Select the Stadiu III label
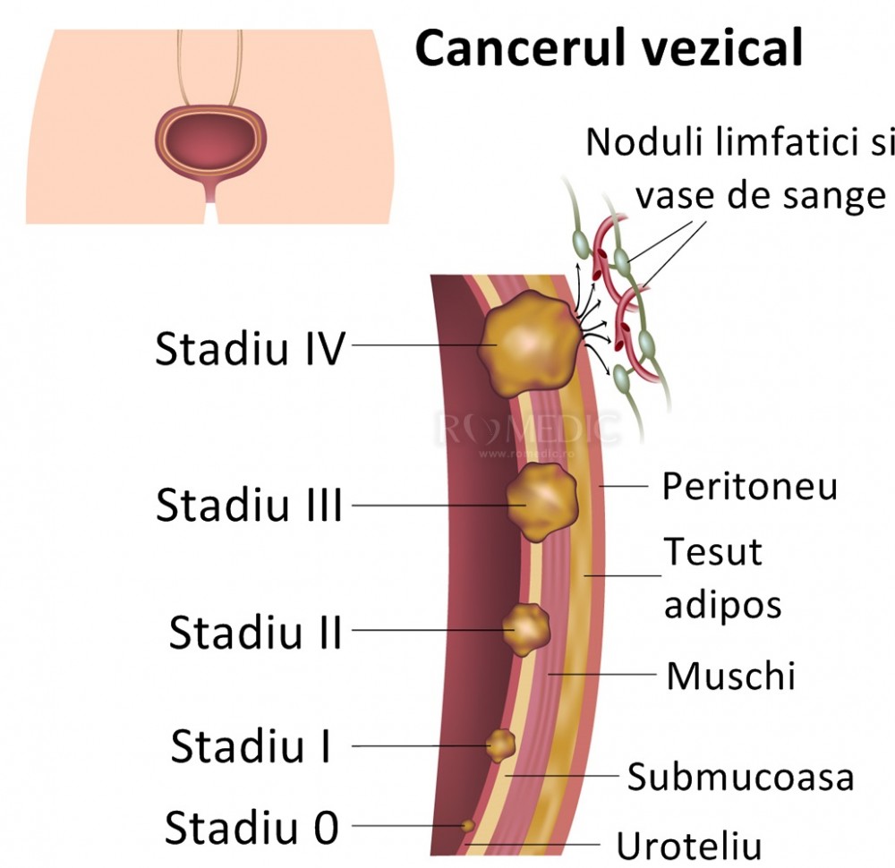point(250,506)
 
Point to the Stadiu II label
point(256,633)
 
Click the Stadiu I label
point(251,745)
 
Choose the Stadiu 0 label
point(252,828)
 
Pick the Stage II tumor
point(525,627)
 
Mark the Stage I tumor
point(500,744)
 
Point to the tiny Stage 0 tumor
point(467,825)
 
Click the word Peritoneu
point(750,487)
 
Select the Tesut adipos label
point(721,578)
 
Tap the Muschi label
point(730,676)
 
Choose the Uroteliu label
point(688,845)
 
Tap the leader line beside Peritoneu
point(626,487)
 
